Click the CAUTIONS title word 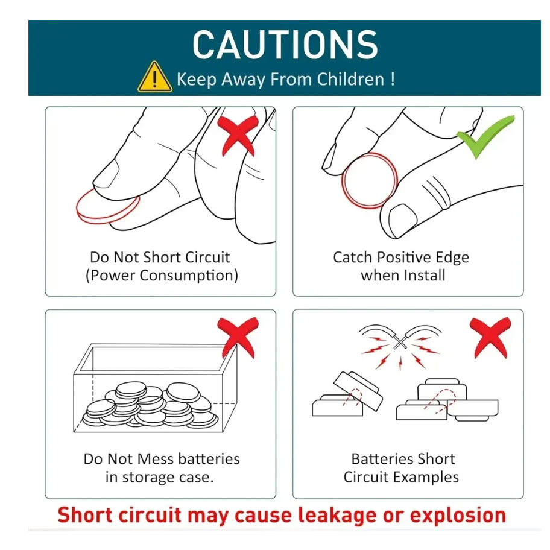[x=285, y=45]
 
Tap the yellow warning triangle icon [x=154, y=78]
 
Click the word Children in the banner [x=350, y=79]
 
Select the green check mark [x=485, y=137]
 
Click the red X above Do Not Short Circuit [x=238, y=136]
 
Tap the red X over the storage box [x=238, y=338]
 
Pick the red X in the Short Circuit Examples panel [x=490, y=338]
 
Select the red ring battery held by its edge [x=370, y=180]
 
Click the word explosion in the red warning [x=458, y=515]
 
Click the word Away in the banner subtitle [x=242, y=80]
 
